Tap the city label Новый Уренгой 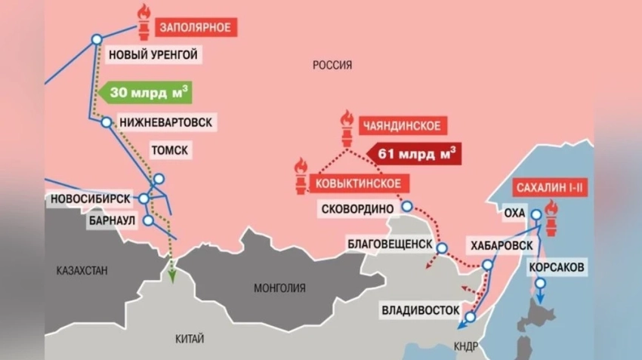(x=153, y=54)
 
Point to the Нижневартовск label (x=166, y=122)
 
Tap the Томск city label (x=170, y=150)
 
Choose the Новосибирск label (x=90, y=198)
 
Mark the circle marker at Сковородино (x=407, y=205)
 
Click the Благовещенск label (x=390, y=245)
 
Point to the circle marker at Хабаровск (x=487, y=265)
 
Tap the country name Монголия (x=280, y=288)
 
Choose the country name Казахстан (x=82, y=269)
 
